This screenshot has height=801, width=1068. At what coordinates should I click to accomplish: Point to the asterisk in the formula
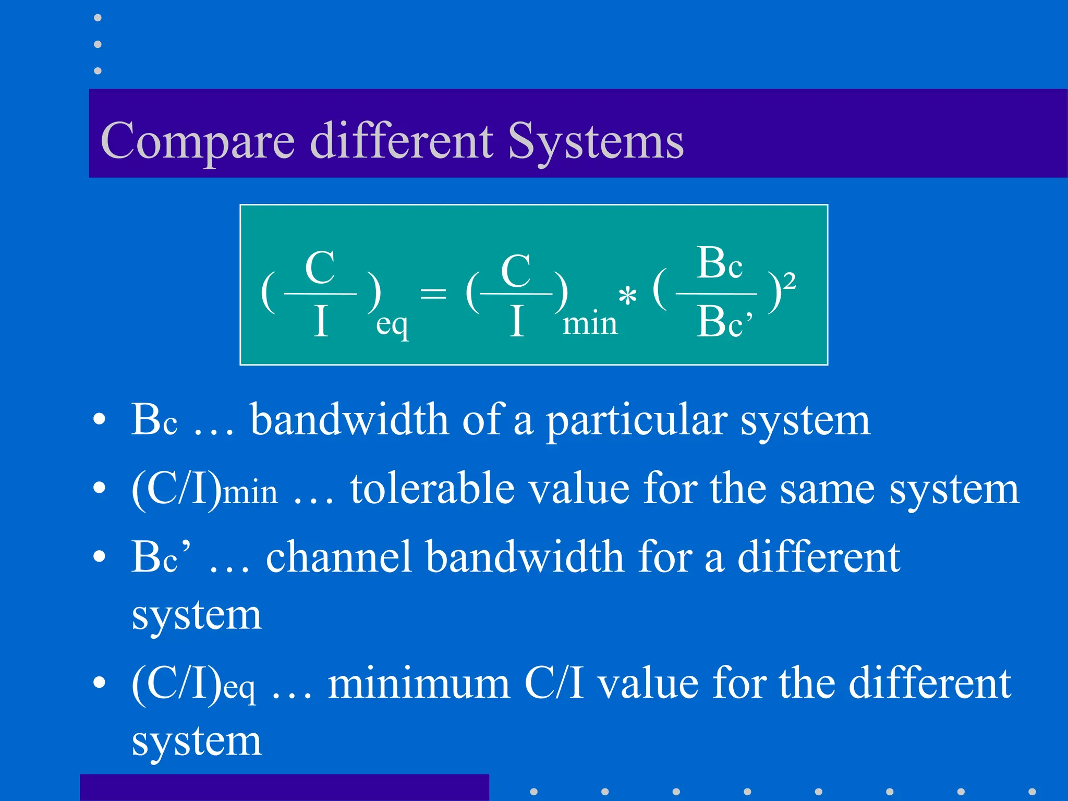pos(627,296)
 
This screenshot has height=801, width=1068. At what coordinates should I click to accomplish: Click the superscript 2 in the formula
pos(790,282)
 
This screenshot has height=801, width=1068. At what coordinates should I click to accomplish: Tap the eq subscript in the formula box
pos(392,325)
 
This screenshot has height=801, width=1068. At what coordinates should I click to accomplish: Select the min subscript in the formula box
pos(590,323)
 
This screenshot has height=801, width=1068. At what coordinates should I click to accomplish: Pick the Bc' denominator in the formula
pos(724,322)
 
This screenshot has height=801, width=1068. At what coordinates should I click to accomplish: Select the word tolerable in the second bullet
pos(432,489)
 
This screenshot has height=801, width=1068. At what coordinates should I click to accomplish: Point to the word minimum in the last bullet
pos(419,683)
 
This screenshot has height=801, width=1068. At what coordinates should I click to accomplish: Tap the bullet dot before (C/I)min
pos(99,488)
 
